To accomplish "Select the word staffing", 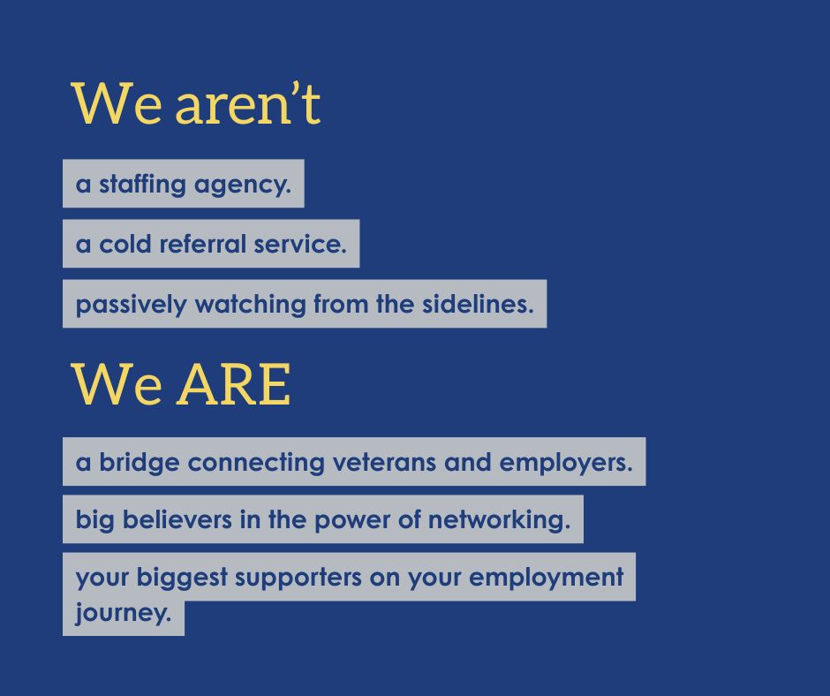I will click(x=142, y=185).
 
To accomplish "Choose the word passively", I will click(x=131, y=305).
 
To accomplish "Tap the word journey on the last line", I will click(x=123, y=613).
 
